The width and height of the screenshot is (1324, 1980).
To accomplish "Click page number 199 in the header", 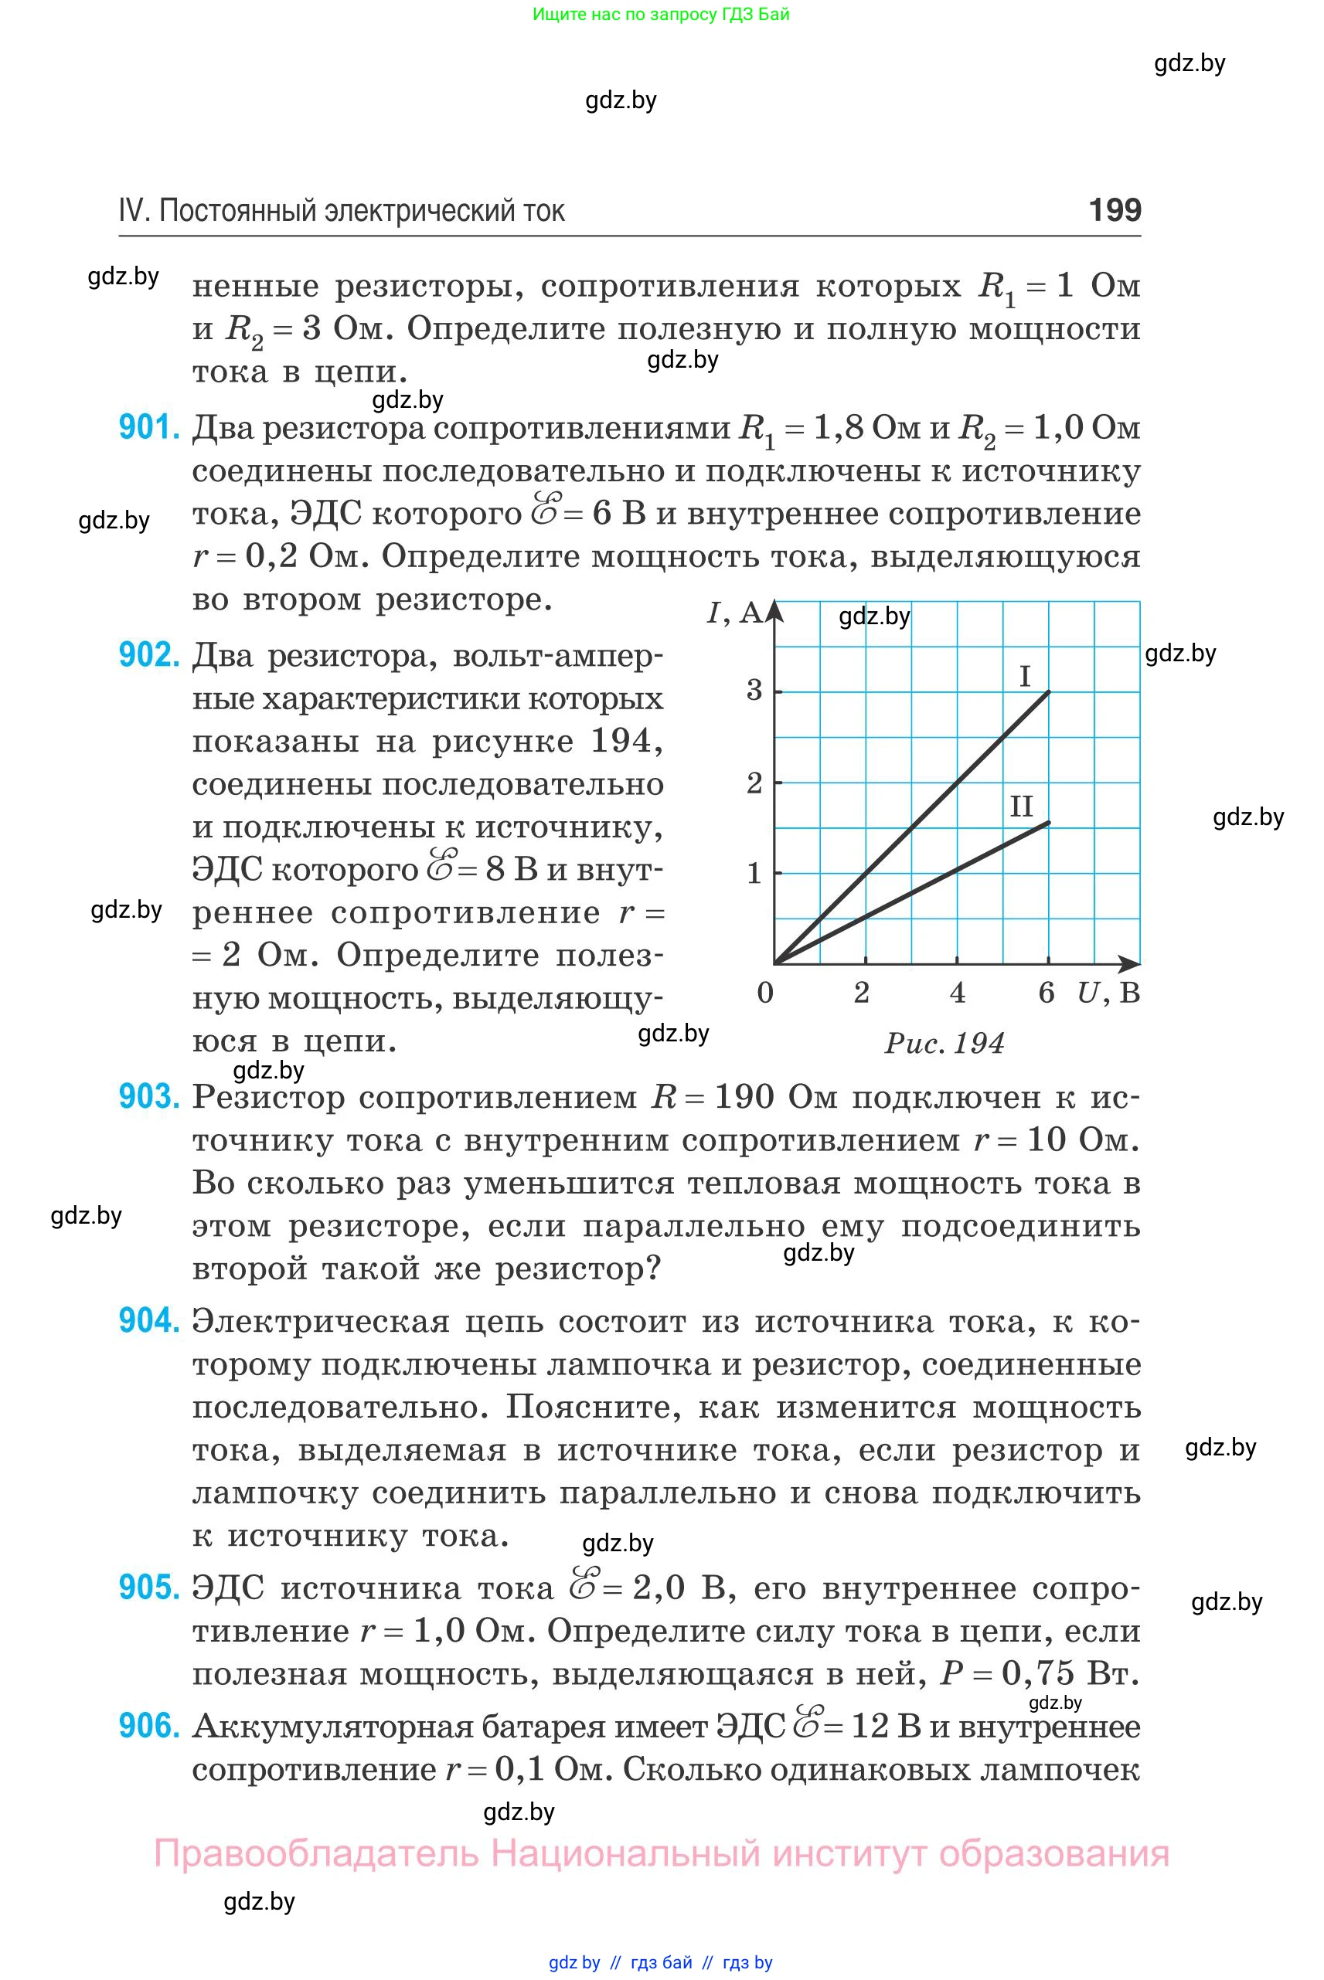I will [1115, 209].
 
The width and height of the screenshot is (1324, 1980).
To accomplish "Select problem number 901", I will [149, 428].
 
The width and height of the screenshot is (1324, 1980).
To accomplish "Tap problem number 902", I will [149, 655].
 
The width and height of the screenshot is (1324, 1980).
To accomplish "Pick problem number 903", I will [149, 1096].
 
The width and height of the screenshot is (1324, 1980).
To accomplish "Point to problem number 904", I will [149, 1321].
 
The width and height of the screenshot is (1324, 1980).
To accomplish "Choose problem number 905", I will [149, 1588].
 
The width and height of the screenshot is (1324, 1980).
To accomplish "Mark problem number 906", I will [149, 1726].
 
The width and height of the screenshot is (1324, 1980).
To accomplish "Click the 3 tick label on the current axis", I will [754, 691].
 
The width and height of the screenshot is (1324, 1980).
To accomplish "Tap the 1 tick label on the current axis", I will [754, 873].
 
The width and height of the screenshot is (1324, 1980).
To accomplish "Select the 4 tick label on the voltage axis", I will [957, 993].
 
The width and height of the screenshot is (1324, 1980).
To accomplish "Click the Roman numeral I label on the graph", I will [1025, 676].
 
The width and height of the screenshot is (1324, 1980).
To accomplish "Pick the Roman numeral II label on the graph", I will [1022, 807].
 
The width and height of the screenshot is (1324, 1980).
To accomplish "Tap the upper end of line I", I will [1049, 692].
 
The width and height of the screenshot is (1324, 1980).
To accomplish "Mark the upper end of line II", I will [1049, 822].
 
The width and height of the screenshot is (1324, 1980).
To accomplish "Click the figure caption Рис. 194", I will [944, 1044].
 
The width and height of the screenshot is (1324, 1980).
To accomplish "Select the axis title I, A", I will [733, 613].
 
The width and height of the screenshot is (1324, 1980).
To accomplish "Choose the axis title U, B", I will [1108, 993].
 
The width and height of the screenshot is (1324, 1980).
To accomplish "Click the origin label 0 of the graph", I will [765, 993].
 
